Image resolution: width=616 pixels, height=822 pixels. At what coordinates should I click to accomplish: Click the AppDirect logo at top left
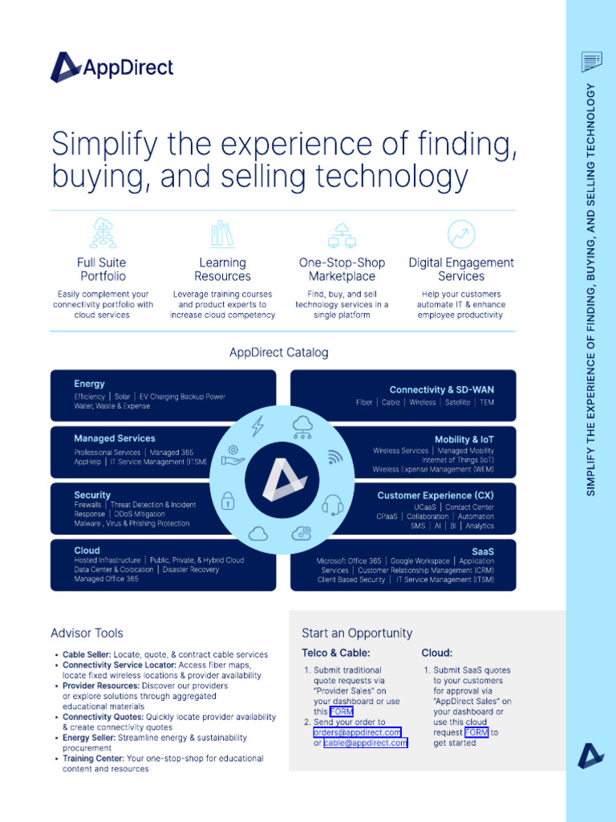(111, 67)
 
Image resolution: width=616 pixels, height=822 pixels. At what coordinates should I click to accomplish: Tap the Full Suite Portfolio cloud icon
(103, 233)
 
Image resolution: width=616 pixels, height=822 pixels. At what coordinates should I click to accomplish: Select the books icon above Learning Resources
(223, 234)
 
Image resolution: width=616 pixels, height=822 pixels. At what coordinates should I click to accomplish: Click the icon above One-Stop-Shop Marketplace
(342, 235)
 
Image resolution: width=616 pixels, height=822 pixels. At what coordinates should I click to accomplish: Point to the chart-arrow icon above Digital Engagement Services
(461, 234)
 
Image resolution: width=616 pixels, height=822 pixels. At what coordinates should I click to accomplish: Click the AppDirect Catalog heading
(278, 352)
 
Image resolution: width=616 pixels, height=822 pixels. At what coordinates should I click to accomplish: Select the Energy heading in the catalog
(89, 384)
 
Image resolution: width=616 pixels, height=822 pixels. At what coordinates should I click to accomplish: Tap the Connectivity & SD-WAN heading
(442, 389)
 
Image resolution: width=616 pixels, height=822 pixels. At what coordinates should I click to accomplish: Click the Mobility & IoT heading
(464, 439)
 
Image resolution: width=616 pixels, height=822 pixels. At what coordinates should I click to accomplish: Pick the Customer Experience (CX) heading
(436, 495)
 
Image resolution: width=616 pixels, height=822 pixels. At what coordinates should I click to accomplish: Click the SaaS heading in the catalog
(482, 551)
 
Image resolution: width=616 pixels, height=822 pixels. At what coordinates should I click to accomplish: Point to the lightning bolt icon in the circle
(257, 425)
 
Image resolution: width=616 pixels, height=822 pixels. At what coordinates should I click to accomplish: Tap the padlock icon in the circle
(227, 501)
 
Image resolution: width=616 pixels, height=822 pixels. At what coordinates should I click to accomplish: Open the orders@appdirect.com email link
(357, 732)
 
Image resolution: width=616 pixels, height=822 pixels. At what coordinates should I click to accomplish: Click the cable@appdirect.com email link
(366, 743)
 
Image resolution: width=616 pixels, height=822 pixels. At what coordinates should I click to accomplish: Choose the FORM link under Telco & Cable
(342, 711)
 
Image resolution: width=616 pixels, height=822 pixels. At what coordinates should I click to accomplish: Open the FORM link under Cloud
(476, 732)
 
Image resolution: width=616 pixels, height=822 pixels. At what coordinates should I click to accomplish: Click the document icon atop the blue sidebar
(591, 62)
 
